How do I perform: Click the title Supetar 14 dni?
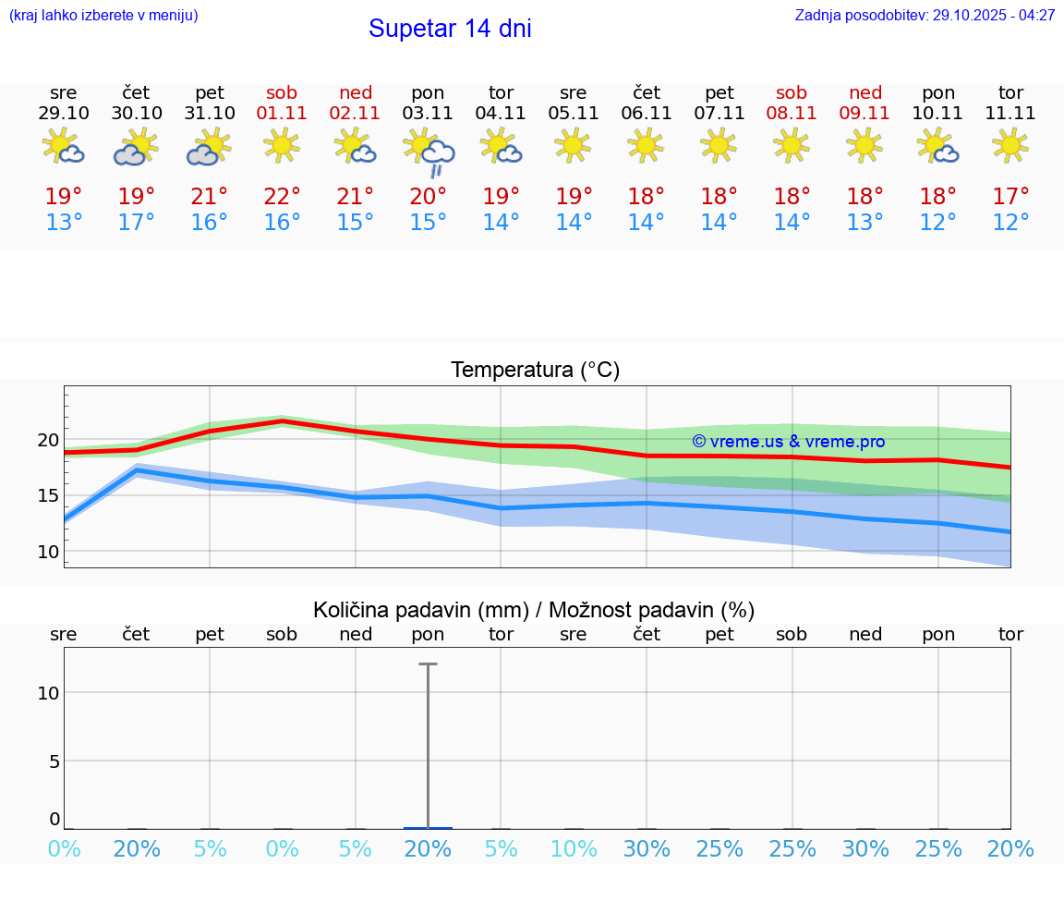[450, 29]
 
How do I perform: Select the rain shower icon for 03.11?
[429, 152]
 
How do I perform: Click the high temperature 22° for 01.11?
[282, 197]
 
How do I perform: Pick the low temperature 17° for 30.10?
[136, 223]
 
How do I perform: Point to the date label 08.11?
[792, 113]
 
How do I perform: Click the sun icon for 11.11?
[1010, 145]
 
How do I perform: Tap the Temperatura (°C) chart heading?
[535, 370]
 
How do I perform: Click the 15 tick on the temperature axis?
[48, 495]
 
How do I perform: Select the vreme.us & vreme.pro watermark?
[788, 442]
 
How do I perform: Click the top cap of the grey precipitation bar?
[428, 664]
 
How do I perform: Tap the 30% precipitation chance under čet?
[647, 848]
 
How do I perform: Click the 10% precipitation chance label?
[574, 848]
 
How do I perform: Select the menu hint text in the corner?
[103, 16]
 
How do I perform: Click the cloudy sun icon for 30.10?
[136, 148]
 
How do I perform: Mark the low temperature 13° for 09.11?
[864, 223]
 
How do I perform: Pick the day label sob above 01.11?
[282, 92]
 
